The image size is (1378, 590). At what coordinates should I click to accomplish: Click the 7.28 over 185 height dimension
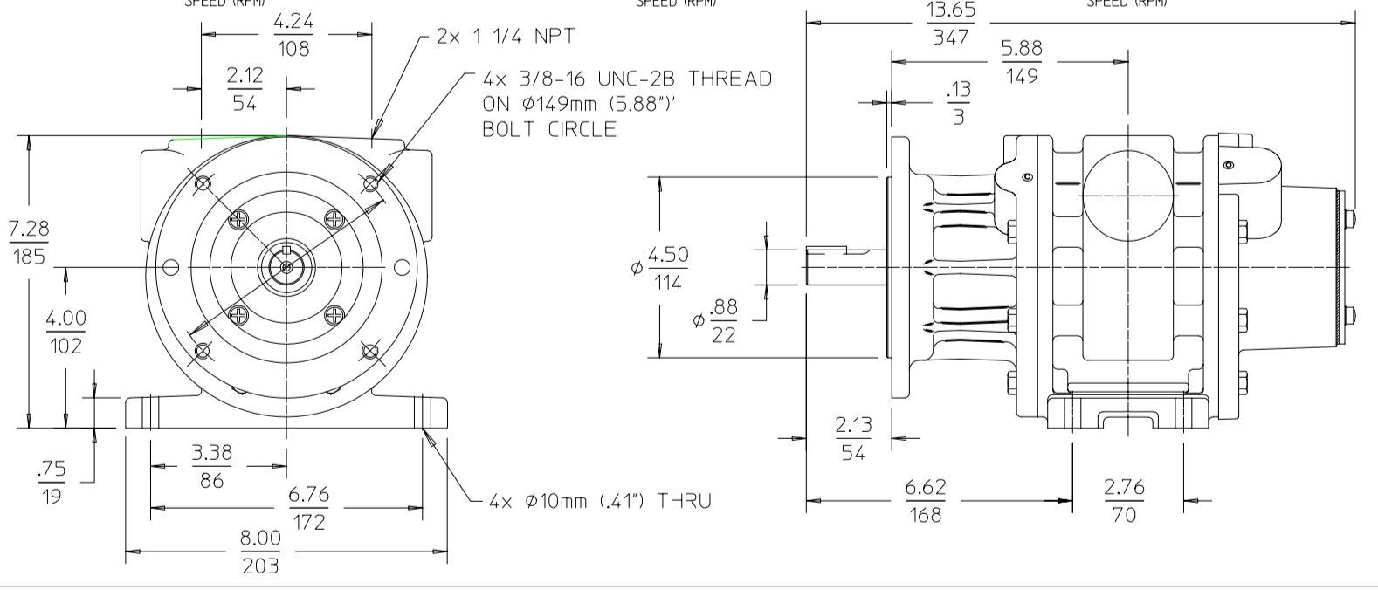pyautogui.click(x=29, y=244)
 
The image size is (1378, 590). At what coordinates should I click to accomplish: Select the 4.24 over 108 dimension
pyautogui.click(x=293, y=35)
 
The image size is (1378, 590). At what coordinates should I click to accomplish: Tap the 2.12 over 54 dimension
pyautogui.click(x=245, y=89)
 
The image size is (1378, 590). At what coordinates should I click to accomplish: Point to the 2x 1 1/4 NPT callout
pyautogui.click(x=506, y=38)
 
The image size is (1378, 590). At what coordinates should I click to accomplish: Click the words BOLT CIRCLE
pyautogui.click(x=549, y=129)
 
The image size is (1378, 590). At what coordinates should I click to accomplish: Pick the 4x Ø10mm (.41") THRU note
pyautogui.click(x=600, y=501)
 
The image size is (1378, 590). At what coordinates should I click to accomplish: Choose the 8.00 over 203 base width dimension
pyautogui.click(x=260, y=552)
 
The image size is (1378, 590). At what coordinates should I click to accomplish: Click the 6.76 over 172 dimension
pyautogui.click(x=309, y=508)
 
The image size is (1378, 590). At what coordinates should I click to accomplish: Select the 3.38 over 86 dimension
pyautogui.click(x=211, y=466)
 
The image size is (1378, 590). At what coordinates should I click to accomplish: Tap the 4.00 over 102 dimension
pyautogui.click(x=66, y=331)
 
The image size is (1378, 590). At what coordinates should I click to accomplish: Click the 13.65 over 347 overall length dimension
pyautogui.click(x=951, y=24)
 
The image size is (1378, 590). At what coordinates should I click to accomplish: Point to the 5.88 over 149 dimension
pyautogui.click(x=1022, y=62)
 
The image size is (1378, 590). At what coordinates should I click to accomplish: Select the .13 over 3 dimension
pyautogui.click(x=958, y=102)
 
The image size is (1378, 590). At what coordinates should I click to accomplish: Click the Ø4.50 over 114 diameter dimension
pyautogui.click(x=667, y=268)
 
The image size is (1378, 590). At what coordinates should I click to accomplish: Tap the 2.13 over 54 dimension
pyautogui.click(x=852, y=439)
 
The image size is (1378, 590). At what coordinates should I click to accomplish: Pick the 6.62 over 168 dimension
pyautogui.click(x=926, y=501)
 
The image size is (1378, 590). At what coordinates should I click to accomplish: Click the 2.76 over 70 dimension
pyautogui.click(x=1124, y=501)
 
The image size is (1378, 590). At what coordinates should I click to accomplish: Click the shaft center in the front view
pyautogui.click(x=286, y=266)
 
